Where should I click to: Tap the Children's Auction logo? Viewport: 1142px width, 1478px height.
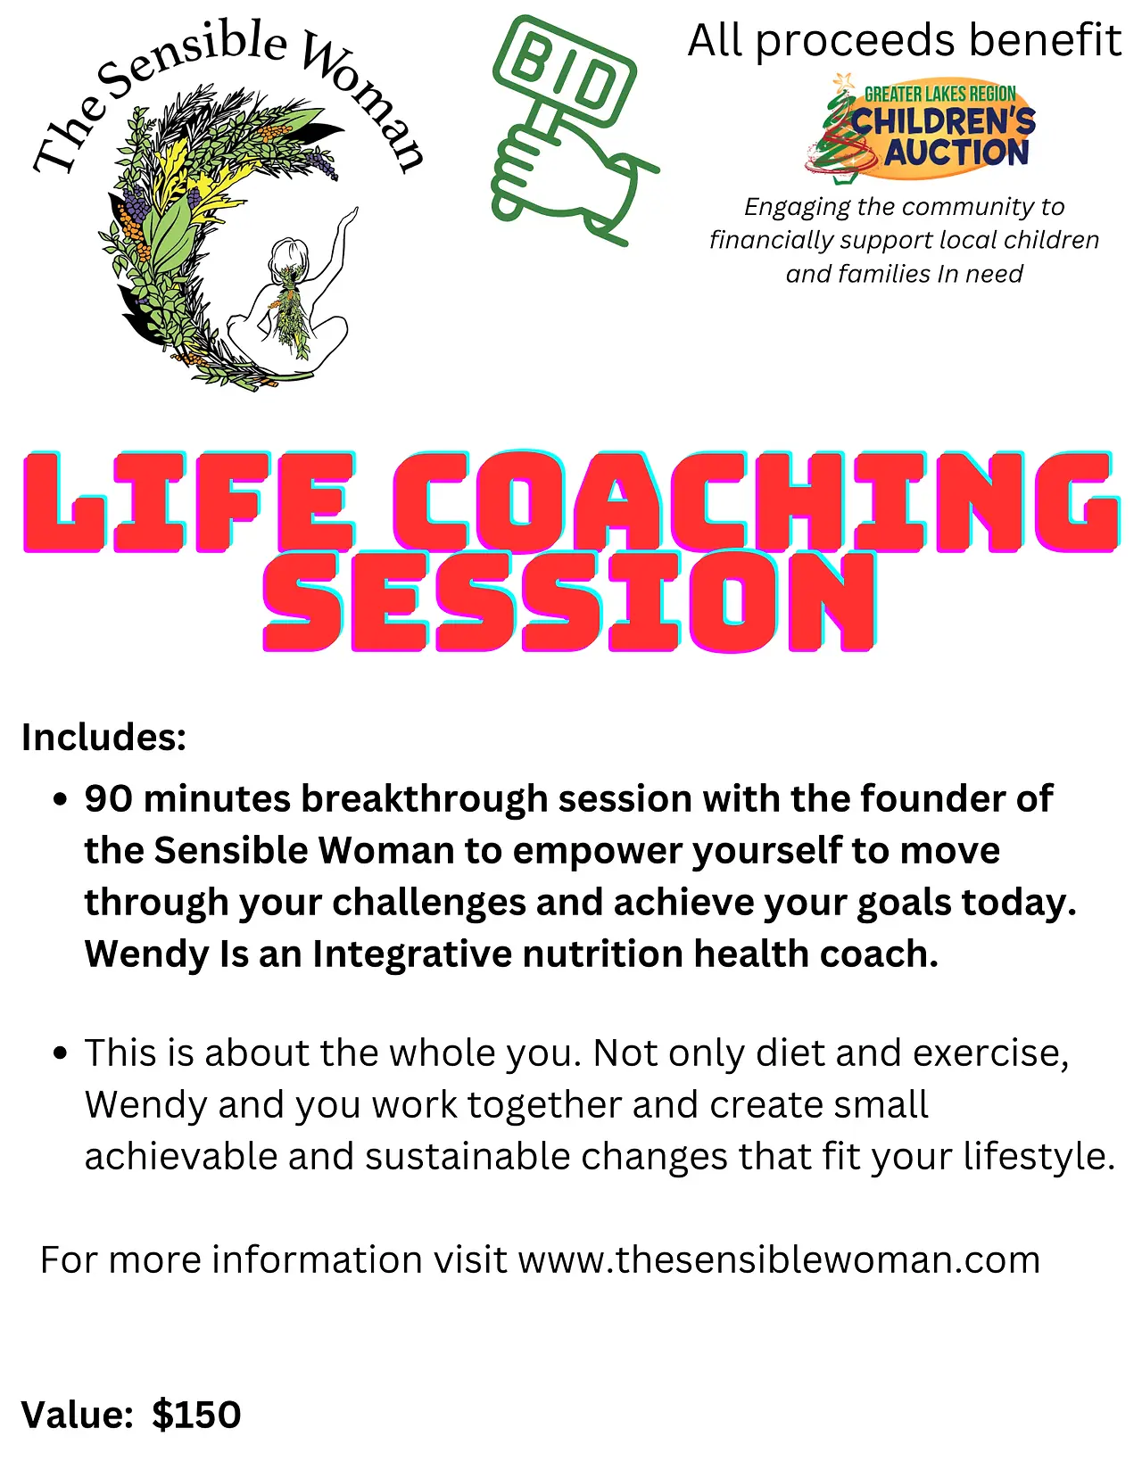click(920, 128)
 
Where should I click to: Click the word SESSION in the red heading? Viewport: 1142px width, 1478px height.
click(570, 601)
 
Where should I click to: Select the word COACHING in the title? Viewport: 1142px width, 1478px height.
click(756, 500)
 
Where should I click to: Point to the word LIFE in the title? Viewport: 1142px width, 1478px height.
click(189, 500)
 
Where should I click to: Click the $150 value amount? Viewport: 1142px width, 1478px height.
click(196, 1416)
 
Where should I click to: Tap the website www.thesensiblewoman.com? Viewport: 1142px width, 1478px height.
click(780, 1259)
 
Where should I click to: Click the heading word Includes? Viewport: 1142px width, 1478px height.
click(104, 737)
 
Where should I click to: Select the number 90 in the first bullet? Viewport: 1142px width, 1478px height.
click(109, 798)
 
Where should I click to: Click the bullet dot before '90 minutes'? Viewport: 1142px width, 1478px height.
click(61, 800)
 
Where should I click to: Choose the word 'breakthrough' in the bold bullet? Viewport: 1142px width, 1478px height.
click(425, 800)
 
